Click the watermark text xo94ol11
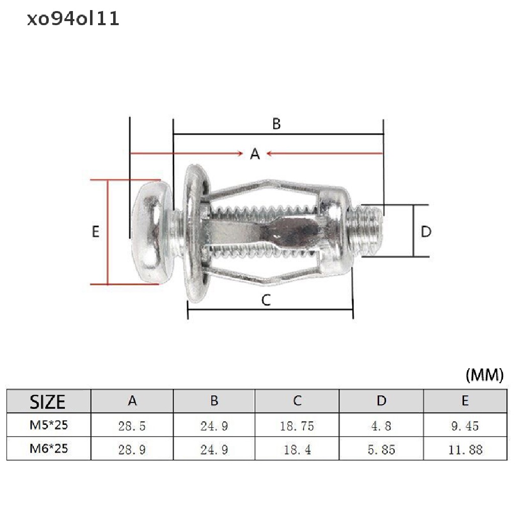tap(72, 19)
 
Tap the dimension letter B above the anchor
tap(277, 124)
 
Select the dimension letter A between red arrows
tap(255, 154)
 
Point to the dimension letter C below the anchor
tap(266, 300)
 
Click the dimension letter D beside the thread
tap(426, 231)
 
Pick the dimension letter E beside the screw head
tap(95, 231)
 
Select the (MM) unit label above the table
tap(484, 375)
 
